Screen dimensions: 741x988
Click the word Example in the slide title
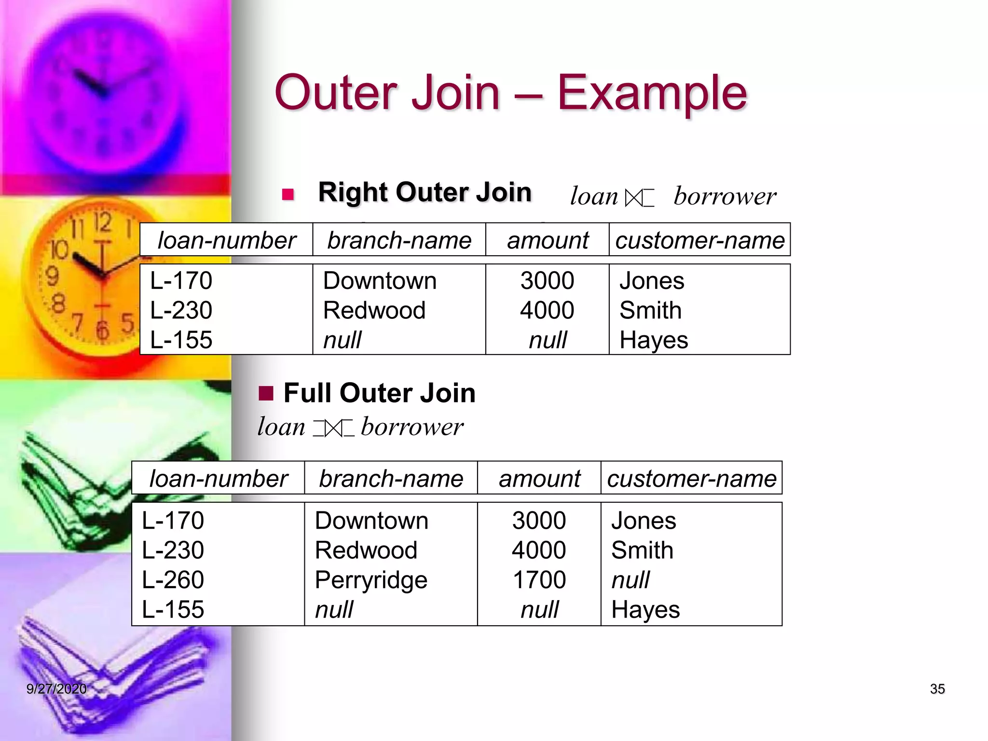pos(652,93)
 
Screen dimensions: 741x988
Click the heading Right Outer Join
pos(425,192)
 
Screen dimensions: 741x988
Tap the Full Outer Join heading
pos(379,393)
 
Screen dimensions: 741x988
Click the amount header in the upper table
pos(548,240)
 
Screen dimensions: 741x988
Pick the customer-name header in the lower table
pos(691,479)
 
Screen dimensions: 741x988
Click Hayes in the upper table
pos(653,340)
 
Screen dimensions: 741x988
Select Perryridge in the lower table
pos(370,580)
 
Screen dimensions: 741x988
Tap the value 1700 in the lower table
pos(539,580)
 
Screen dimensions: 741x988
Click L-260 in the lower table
pos(173,580)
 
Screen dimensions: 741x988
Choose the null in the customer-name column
pos(630,580)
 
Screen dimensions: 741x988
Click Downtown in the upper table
pos(379,281)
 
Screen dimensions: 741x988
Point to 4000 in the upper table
pos(547,310)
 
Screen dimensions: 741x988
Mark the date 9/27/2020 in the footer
pos(56,689)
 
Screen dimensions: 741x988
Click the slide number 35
pos(937,689)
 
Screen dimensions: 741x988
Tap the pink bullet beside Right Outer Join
pos(288,194)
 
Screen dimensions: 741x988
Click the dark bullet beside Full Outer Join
pos(266,394)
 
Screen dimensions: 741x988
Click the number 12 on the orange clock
pos(102,222)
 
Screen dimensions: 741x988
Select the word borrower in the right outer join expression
pos(725,197)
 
